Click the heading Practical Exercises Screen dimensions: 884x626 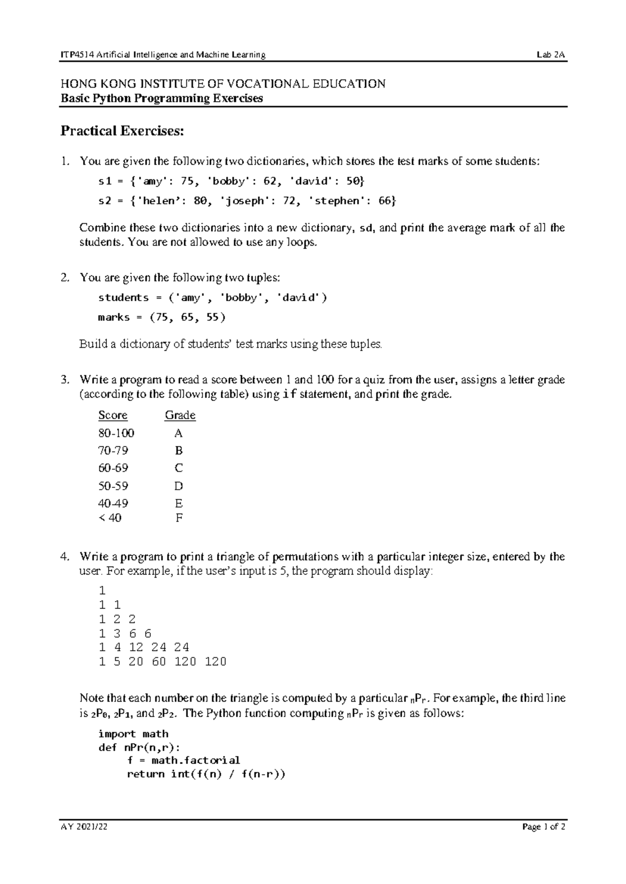(x=123, y=131)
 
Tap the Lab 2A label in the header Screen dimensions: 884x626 (x=552, y=55)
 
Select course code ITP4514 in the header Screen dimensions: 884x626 (x=74, y=55)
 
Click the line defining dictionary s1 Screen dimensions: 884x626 (x=232, y=181)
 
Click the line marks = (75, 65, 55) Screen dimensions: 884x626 (x=162, y=317)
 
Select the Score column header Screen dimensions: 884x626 (x=113, y=415)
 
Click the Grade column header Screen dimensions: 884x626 (x=180, y=415)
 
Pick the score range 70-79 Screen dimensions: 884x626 (x=113, y=450)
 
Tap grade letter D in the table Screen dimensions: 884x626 (x=178, y=486)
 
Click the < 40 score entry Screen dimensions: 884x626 (x=110, y=518)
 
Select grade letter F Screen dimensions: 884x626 (x=178, y=518)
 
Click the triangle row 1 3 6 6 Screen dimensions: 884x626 (x=125, y=633)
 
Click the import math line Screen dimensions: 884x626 (x=133, y=734)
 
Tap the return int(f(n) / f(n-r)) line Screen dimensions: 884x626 (x=206, y=774)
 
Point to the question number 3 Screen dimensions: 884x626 (x=64, y=380)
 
